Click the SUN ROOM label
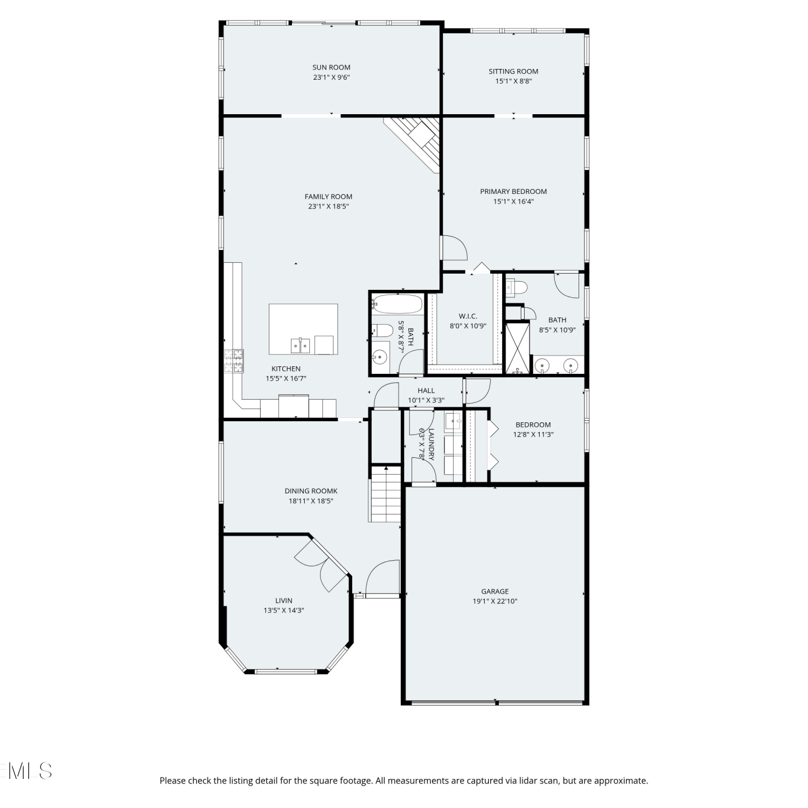(x=331, y=67)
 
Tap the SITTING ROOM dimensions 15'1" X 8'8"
(x=513, y=81)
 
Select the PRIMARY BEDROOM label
(x=513, y=191)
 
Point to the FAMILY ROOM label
(x=329, y=197)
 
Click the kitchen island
(x=304, y=329)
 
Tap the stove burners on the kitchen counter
(x=234, y=361)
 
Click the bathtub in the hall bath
(x=398, y=304)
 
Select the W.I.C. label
(x=468, y=316)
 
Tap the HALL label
(x=426, y=391)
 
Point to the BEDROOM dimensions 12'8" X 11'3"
(x=533, y=435)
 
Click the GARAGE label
(x=495, y=591)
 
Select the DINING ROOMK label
(x=311, y=491)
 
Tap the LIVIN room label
(x=284, y=601)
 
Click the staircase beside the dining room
(x=385, y=494)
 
